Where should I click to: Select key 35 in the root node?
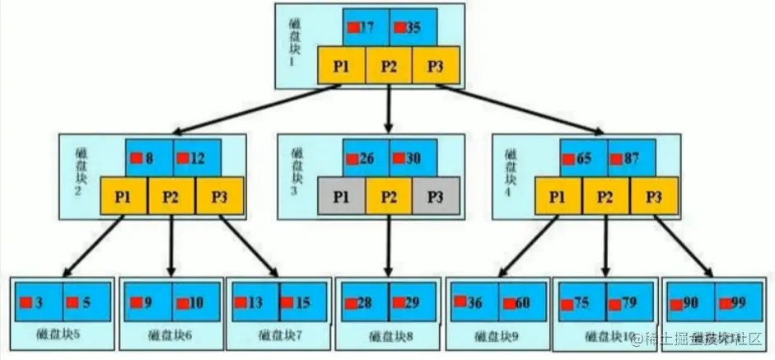pos(413,28)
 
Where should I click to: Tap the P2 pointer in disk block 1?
pos(389,66)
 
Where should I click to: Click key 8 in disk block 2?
pos(149,157)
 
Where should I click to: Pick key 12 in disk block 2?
pos(197,157)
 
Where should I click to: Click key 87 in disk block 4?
pos(632,157)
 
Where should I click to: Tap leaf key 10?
pos(196,302)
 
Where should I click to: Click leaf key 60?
pos(522,302)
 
